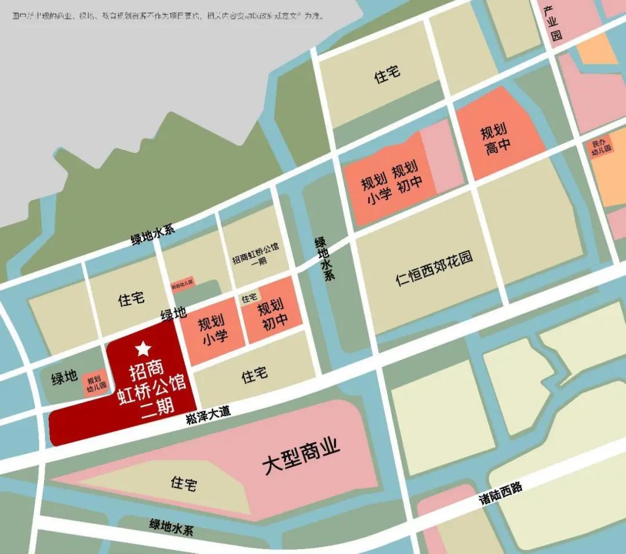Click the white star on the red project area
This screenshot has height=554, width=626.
tap(143, 348)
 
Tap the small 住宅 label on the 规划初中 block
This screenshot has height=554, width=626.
tap(249, 298)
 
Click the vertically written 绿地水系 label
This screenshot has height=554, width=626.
tap(324, 258)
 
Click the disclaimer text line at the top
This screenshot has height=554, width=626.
tap(168, 16)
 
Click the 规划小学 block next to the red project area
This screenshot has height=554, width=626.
tap(212, 331)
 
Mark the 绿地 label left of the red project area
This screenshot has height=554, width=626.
tap(64, 378)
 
